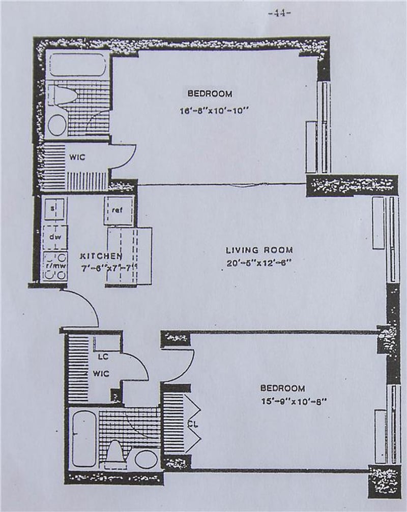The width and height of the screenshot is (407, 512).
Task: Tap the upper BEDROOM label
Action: (210, 93)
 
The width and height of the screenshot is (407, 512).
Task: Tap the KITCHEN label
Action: (101, 257)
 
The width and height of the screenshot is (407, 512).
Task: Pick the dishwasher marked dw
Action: (54, 237)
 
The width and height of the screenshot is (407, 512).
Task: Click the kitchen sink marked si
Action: (54, 208)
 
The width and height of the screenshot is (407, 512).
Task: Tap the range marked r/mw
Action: (54, 266)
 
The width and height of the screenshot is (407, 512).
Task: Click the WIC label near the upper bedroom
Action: (77, 157)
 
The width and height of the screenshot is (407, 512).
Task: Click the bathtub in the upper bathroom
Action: (77, 65)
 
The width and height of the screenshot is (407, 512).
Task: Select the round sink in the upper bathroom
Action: (57, 124)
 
